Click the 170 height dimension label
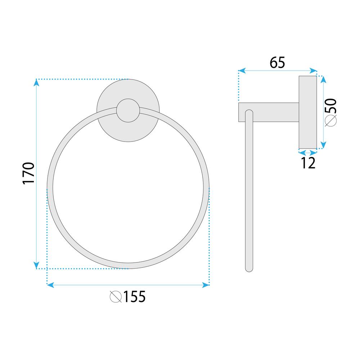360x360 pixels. [x=28, y=173]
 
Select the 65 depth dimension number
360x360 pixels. [x=278, y=63]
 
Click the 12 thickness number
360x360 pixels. [x=308, y=163]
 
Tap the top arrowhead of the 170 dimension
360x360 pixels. [x=37, y=82]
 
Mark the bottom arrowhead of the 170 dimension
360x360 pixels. [x=37, y=265]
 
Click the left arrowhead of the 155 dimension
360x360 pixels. [x=50, y=285]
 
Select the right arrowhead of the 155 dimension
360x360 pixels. [x=206, y=285]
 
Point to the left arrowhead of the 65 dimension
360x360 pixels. [x=242, y=71]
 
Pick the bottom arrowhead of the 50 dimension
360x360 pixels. [x=323, y=145]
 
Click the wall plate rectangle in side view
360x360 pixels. [x=308, y=112]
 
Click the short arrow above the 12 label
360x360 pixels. [x=308, y=153]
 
